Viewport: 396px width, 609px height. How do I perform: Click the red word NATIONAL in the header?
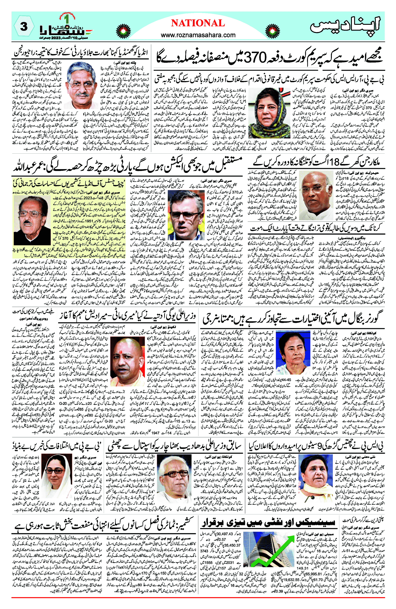[198, 23]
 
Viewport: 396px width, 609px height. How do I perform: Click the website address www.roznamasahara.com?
[198, 35]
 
